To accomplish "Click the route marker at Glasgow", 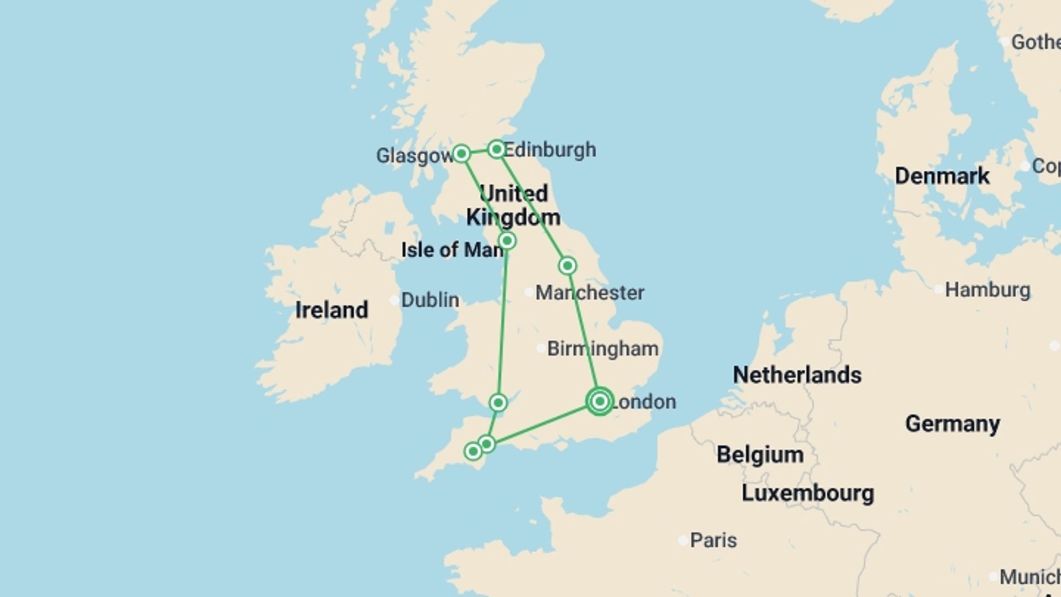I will click(461, 153).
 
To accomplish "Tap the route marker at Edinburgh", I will click(496, 149).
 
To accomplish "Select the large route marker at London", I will click(600, 401).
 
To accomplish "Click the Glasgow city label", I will click(414, 156).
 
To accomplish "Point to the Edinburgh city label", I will click(550, 150).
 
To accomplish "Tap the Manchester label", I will click(590, 292).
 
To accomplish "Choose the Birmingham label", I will click(602, 349).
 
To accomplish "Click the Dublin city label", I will click(430, 300).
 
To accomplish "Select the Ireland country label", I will click(332, 310).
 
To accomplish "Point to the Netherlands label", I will click(797, 375).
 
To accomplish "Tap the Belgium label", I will click(760, 455).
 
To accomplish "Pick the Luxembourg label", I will click(807, 493).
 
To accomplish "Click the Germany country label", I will click(952, 424).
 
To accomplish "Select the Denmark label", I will click(942, 176).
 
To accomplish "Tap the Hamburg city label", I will click(988, 290).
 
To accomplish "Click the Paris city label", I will click(713, 540).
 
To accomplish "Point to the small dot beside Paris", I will click(683, 541).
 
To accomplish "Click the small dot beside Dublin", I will click(394, 301).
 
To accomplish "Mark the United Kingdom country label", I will click(513, 206).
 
